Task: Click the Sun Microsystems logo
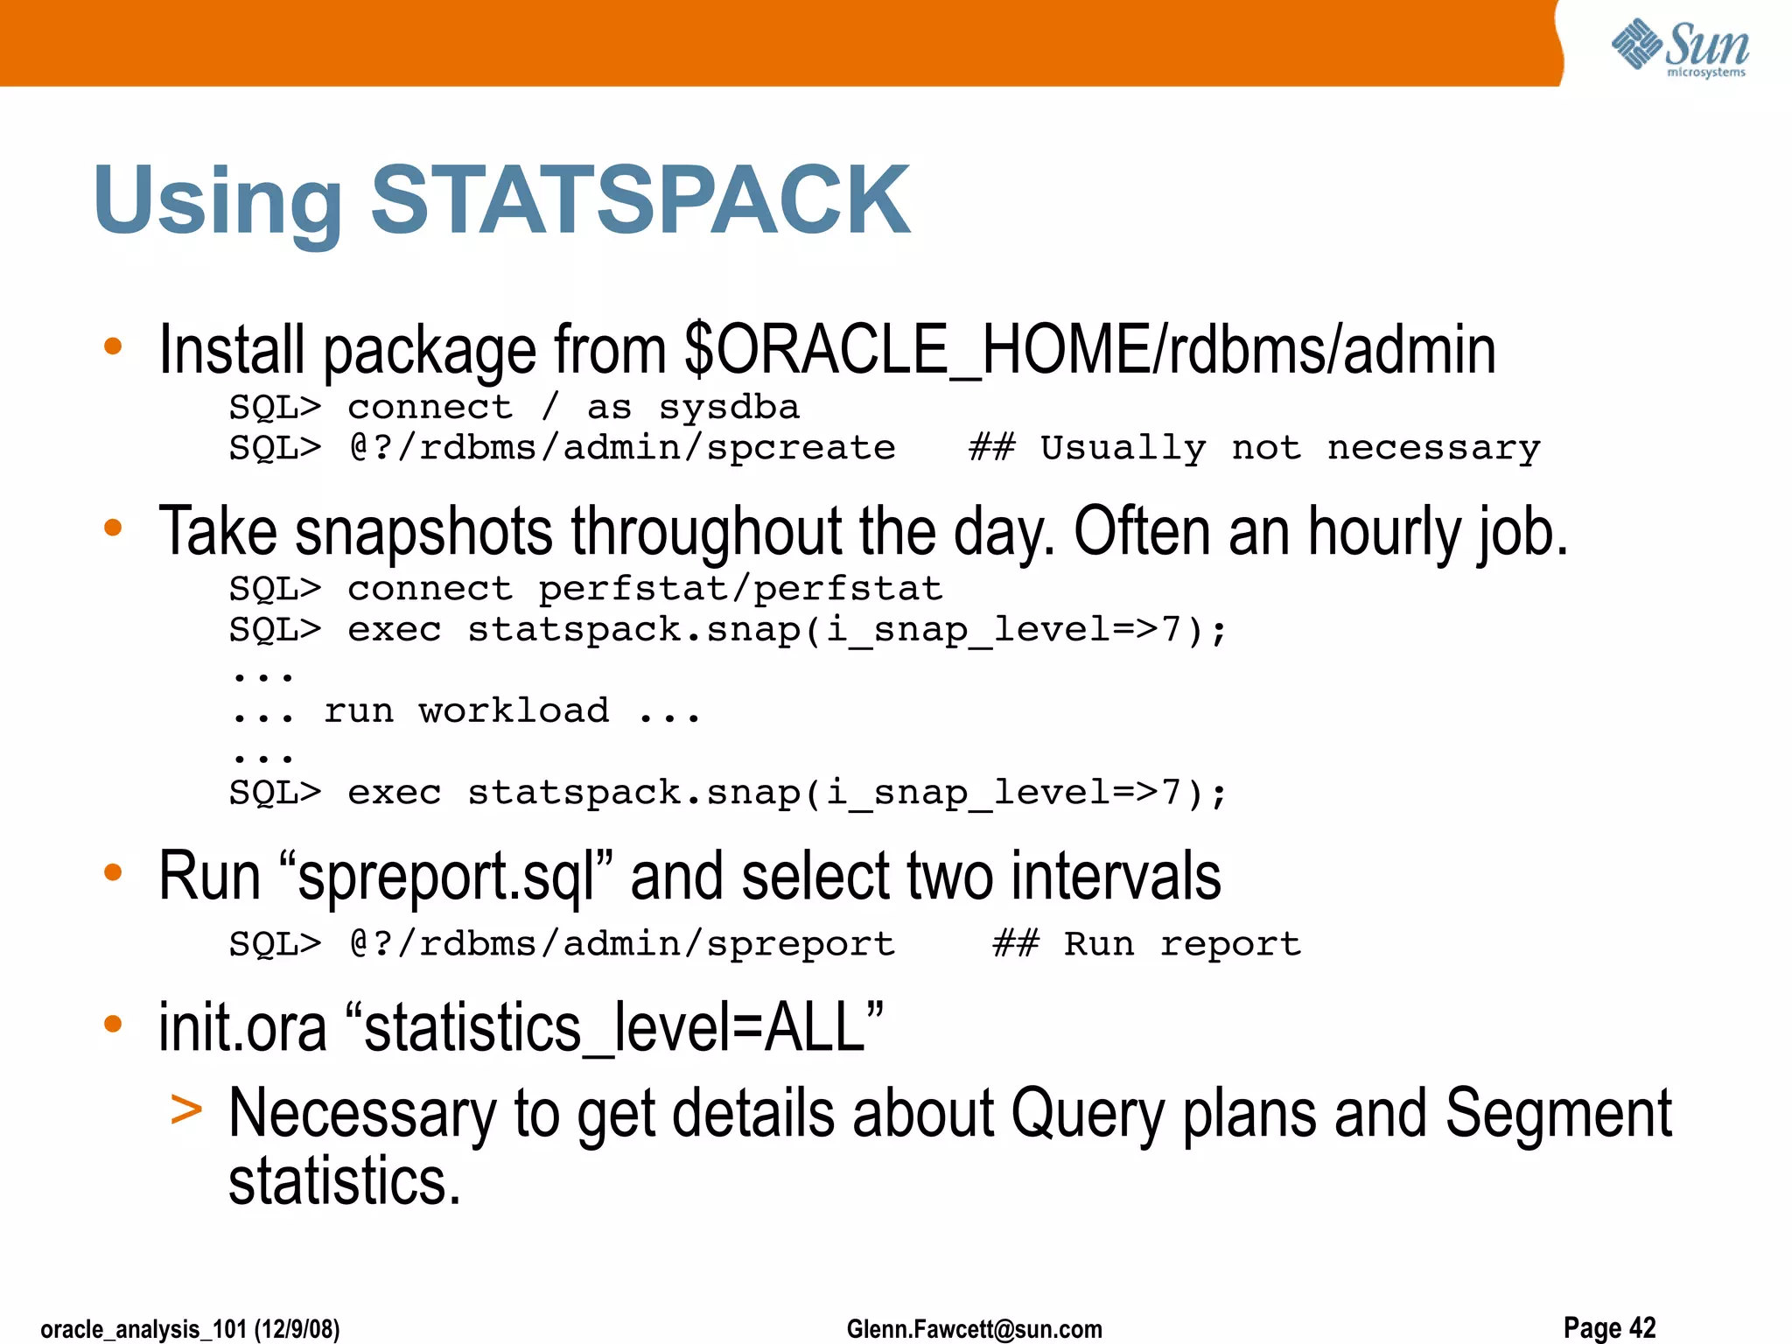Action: (1680, 48)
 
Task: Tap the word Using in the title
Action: (219, 203)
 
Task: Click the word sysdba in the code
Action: (728, 408)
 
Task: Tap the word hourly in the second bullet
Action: (1384, 532)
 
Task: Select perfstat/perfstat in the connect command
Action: (740, 589)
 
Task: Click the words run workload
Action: (466, 710)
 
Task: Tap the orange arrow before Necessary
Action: (186, 1109)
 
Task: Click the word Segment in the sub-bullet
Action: (1557, 1114)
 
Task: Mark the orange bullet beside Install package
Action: (113, 346)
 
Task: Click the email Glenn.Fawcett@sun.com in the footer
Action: (974, 1329)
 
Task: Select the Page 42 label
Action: (1609, 1327)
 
